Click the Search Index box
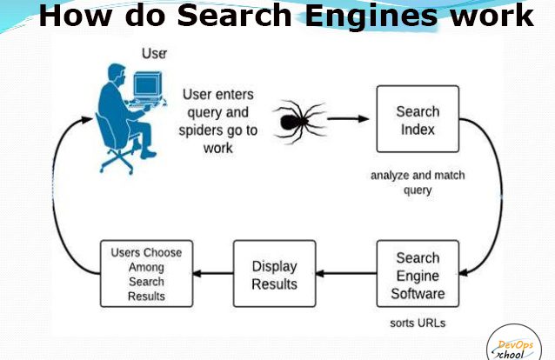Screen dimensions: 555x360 [418, 119]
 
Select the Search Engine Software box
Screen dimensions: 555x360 [418, 274]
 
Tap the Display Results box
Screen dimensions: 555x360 [274, 274]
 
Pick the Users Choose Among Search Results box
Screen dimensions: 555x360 [146, 274]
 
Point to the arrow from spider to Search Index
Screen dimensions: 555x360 [348, 119]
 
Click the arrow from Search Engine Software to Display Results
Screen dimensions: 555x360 [346, 273]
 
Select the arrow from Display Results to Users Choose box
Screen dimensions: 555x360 [213, 273]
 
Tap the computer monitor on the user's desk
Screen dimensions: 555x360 [148, 85]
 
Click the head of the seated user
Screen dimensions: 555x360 [117, 73]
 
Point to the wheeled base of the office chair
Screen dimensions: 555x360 [117, 161]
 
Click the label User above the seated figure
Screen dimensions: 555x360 [154, 53]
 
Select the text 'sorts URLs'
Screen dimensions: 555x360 [418, 323]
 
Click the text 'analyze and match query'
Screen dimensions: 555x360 [418, 183]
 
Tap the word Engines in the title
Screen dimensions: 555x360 [371, 17]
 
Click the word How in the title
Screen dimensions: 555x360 [75, 16]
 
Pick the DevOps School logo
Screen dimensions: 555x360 [513, 344]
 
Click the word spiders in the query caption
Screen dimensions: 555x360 [201, 130]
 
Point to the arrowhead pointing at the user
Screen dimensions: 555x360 [87, 119]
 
